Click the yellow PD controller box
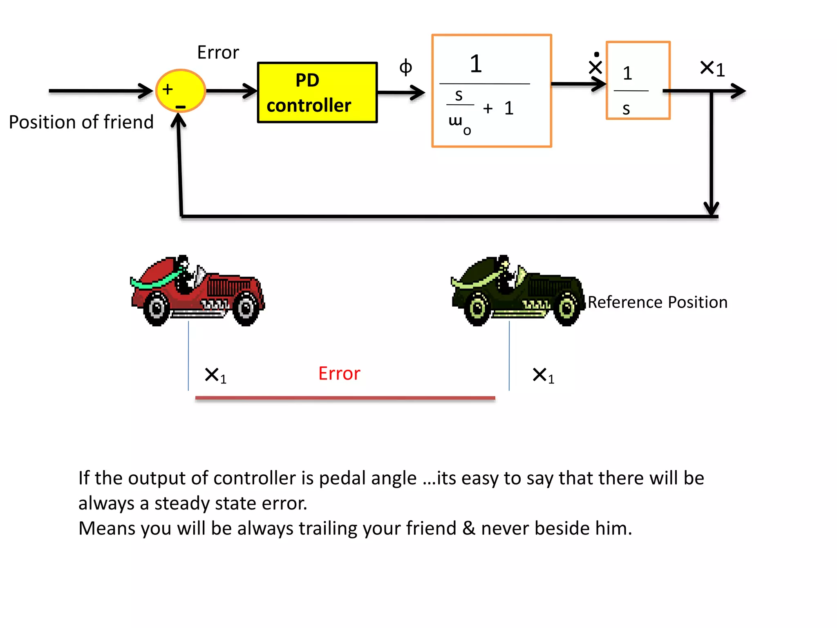click(x=317, y=92)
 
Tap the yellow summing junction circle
click(x=181, y=91)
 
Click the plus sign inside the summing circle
click(x=168, y=89)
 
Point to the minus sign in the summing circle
click(x=180, y=107)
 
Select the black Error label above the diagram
click(x=218, y=52)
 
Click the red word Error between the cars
click(x=339, y=373)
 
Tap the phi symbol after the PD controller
click(x=405, y=67)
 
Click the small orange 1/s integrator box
click(x=638, y=81)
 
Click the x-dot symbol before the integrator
click(x=595, y=65)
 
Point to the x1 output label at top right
click(x=712, y=69)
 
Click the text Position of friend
click(x=81, y=122)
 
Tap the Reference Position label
click(x=657, y=302)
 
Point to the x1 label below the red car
click(x=215, y=375)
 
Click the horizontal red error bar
click(x=345, y=398)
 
